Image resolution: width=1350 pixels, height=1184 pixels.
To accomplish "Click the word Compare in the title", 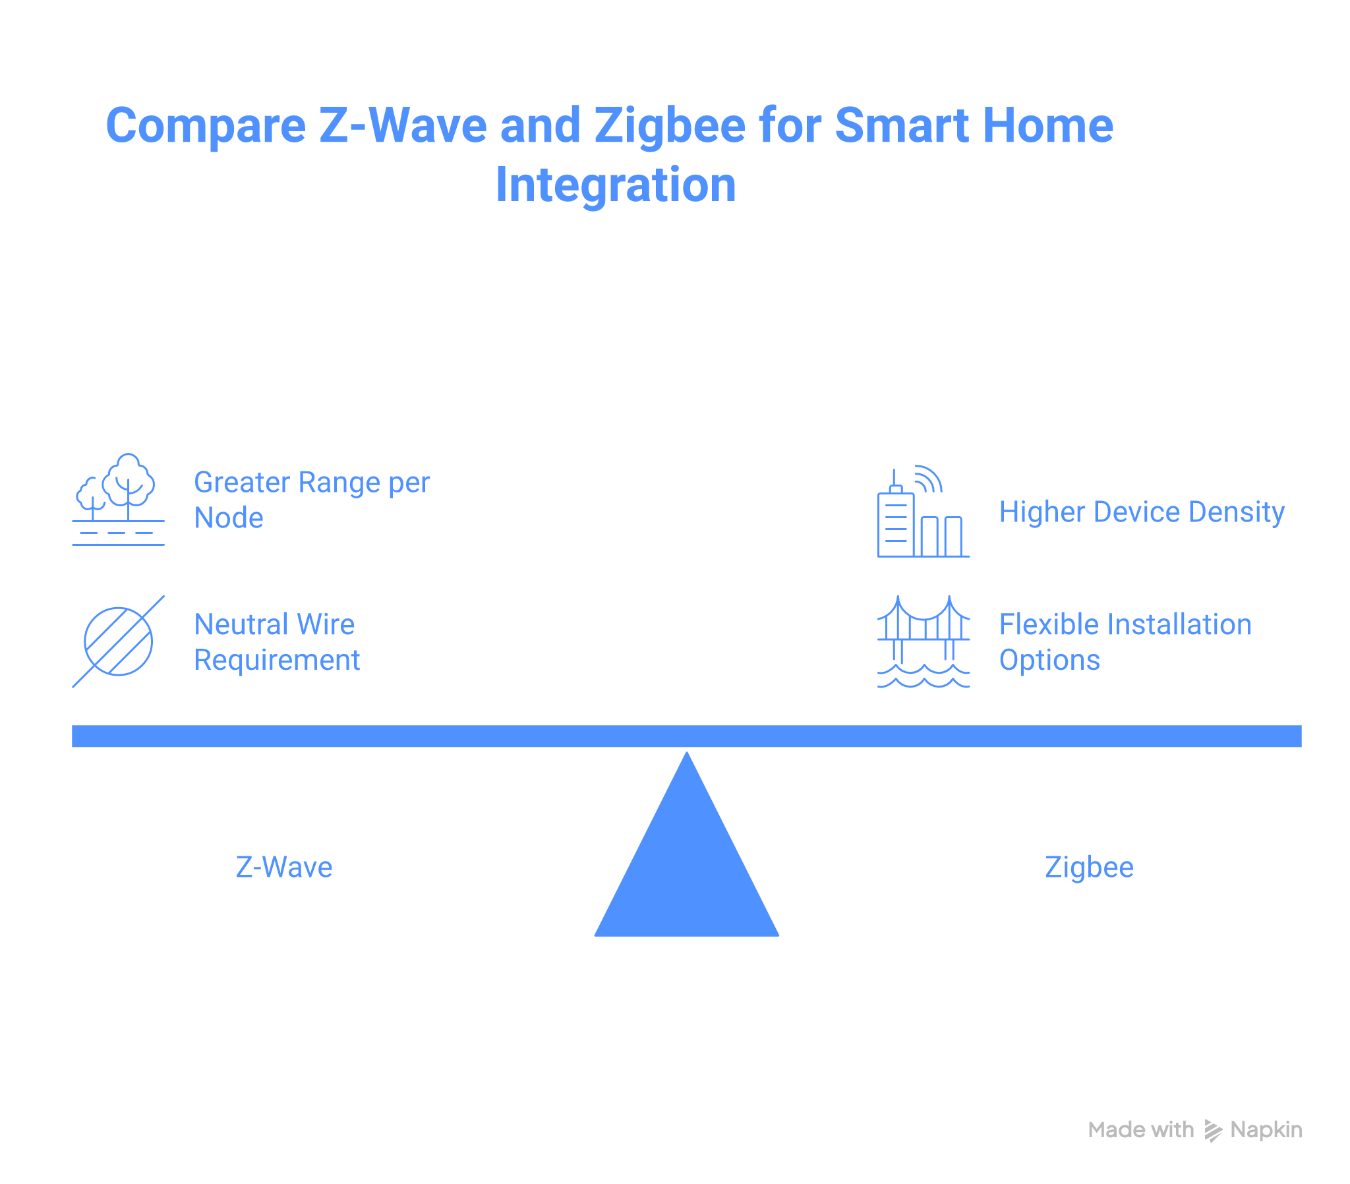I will click(x=206, y=125).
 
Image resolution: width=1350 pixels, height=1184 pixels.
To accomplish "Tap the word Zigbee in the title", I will click(x=670, y=125).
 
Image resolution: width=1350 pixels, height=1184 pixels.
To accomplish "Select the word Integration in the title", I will click(x=616, y=185).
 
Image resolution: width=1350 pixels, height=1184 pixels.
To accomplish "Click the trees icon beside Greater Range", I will click(x=118, y=500).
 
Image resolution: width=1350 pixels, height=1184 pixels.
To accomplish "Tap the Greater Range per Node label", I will click(x=312, y=500).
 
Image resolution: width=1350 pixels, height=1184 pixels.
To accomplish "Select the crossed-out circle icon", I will click(x=118, y=641).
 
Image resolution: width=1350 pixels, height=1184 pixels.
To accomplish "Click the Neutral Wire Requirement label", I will click(x=277, y=642).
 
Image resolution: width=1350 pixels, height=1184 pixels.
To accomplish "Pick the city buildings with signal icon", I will click(x=923, y=512).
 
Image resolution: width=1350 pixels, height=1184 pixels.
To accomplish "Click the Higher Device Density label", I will click(x=1141, y=512).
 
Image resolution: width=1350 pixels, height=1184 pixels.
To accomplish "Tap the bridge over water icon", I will click(x=923, y=641).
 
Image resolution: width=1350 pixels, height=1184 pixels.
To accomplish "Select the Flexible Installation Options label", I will click(x=1125, y=642).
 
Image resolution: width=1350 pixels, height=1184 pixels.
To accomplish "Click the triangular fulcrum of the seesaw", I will click(x=687, y=866).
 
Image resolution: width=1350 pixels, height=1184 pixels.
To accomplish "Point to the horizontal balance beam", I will click(x=687, y=736).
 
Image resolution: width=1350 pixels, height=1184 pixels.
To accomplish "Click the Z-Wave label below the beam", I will click(x=284, y=868).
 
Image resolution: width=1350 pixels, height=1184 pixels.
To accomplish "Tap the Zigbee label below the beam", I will click(x=1089, y=868).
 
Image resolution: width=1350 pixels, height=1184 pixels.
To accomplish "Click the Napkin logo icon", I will click(x=1213, y=1131).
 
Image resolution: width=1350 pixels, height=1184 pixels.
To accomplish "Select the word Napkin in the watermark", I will click(x=1266, y=1131).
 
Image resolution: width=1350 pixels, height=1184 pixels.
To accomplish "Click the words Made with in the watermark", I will click(x=1140, y=1131).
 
